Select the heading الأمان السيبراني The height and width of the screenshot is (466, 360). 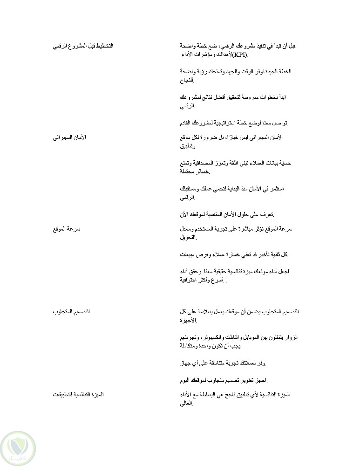point(69,137)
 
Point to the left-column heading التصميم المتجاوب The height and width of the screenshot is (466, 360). point(70,311)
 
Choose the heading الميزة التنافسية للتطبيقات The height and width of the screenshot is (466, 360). point(78,395)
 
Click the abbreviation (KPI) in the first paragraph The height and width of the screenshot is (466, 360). point(240,56)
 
